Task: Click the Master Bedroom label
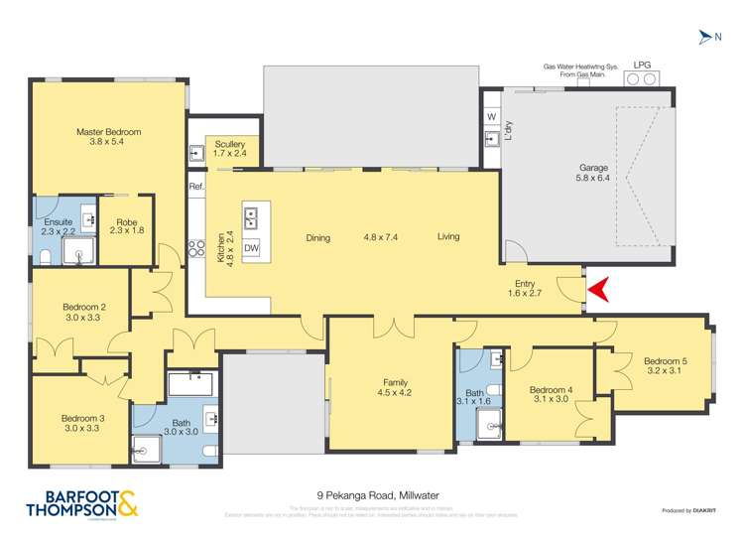[x=109, y=132]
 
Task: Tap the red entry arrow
[x=600, y=290]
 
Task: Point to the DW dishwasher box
[x=251, y=248]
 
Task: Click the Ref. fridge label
[x=196, y=186]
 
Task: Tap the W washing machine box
[x=491, y=117]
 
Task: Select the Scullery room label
[x=229, y=145]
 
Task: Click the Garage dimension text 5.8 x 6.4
[x=593, y=179]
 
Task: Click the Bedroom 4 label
[x=551, y=389]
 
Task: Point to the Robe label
[x=125, y=222]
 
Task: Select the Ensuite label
[x=56, y=222]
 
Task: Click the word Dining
[x=317, y=237]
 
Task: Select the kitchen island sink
[x=251, y=214]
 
